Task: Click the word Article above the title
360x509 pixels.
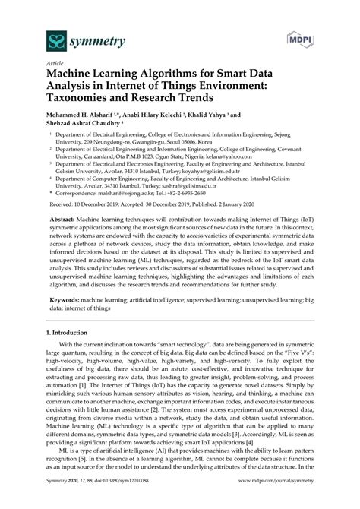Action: (x=56, y=65)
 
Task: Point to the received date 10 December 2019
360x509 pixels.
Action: (x=101, y=205)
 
